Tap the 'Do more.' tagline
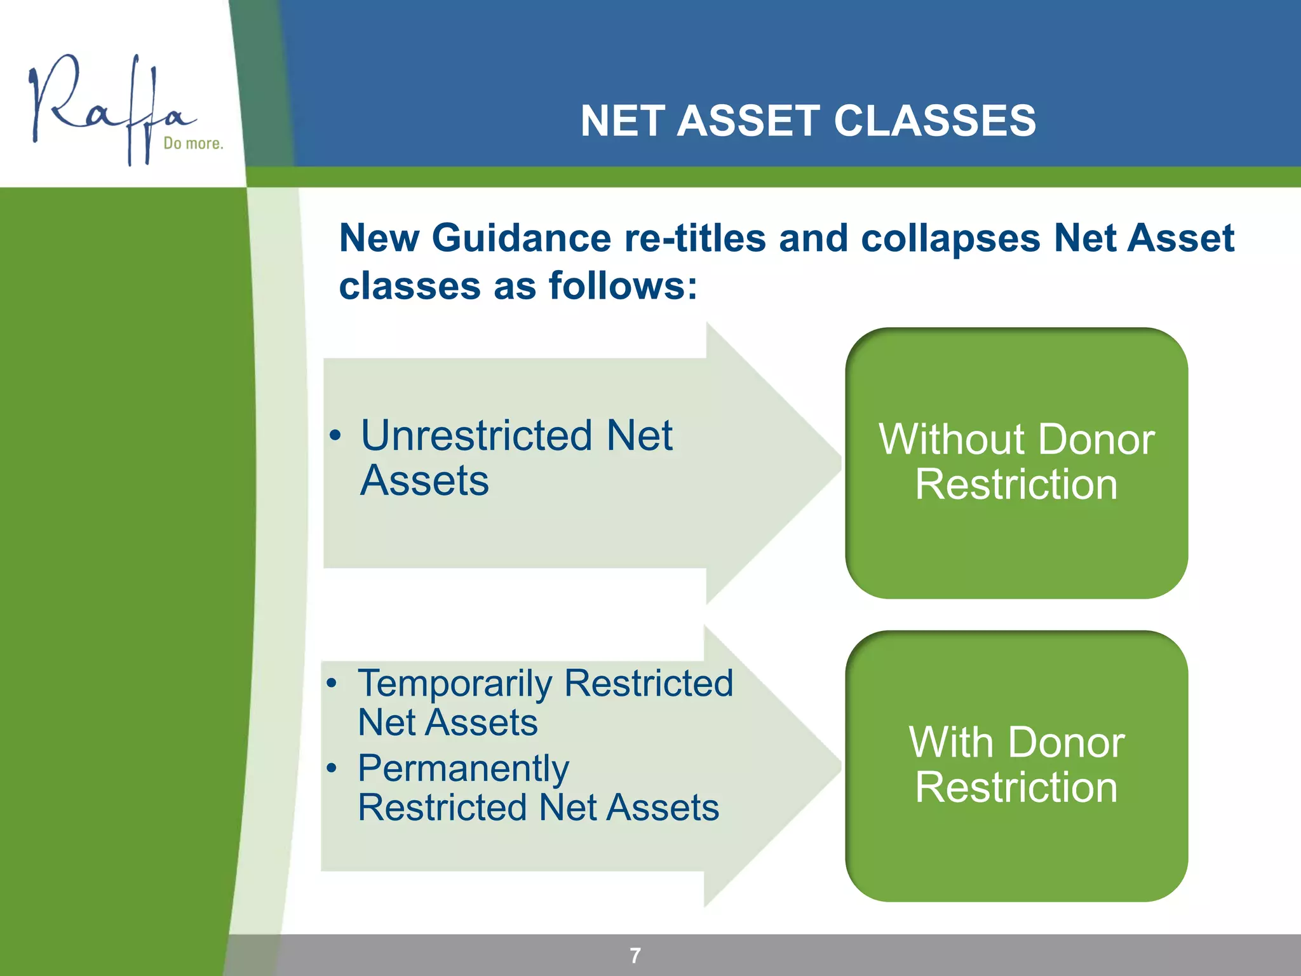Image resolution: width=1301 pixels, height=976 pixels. coord(193,144)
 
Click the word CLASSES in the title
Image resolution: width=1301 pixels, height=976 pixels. coord(934,121)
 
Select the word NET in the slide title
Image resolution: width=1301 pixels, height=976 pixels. coord(621,121)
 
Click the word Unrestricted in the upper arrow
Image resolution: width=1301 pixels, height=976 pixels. coord(476,436)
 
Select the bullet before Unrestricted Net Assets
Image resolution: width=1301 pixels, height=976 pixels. coord(335,437)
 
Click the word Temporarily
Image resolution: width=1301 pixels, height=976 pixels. coord(455,684)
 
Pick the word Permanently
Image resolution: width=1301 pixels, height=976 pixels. coord(463,769)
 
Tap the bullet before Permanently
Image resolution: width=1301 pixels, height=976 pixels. coord(332,768)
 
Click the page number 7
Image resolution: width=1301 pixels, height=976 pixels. coord(635,955)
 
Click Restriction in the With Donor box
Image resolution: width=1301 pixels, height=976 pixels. coord(1016,788)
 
